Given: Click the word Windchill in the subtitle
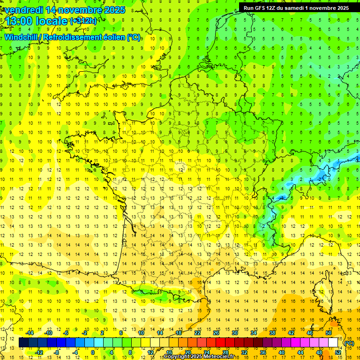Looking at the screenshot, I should pyautogui.click(x=21, y=37).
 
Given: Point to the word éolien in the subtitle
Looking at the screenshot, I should pyautogui.click(x=112, y=37).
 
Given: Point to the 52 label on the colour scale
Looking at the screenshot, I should pyautogui.click(x=337, y=352).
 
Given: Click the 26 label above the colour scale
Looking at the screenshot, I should pyautogui.click(x=216, y=333).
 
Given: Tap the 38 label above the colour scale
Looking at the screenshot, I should pyautogui.click(x=272, y=333).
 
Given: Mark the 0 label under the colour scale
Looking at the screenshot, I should pyautogui.click(x=92, y=352).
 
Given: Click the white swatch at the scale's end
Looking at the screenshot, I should pyautogui.click(x=333, y=343).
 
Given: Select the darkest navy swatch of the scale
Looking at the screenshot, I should pyautogui.click(x=24, y=343).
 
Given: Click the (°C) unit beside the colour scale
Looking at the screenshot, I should pyautogui.click(x=349, y=343).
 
